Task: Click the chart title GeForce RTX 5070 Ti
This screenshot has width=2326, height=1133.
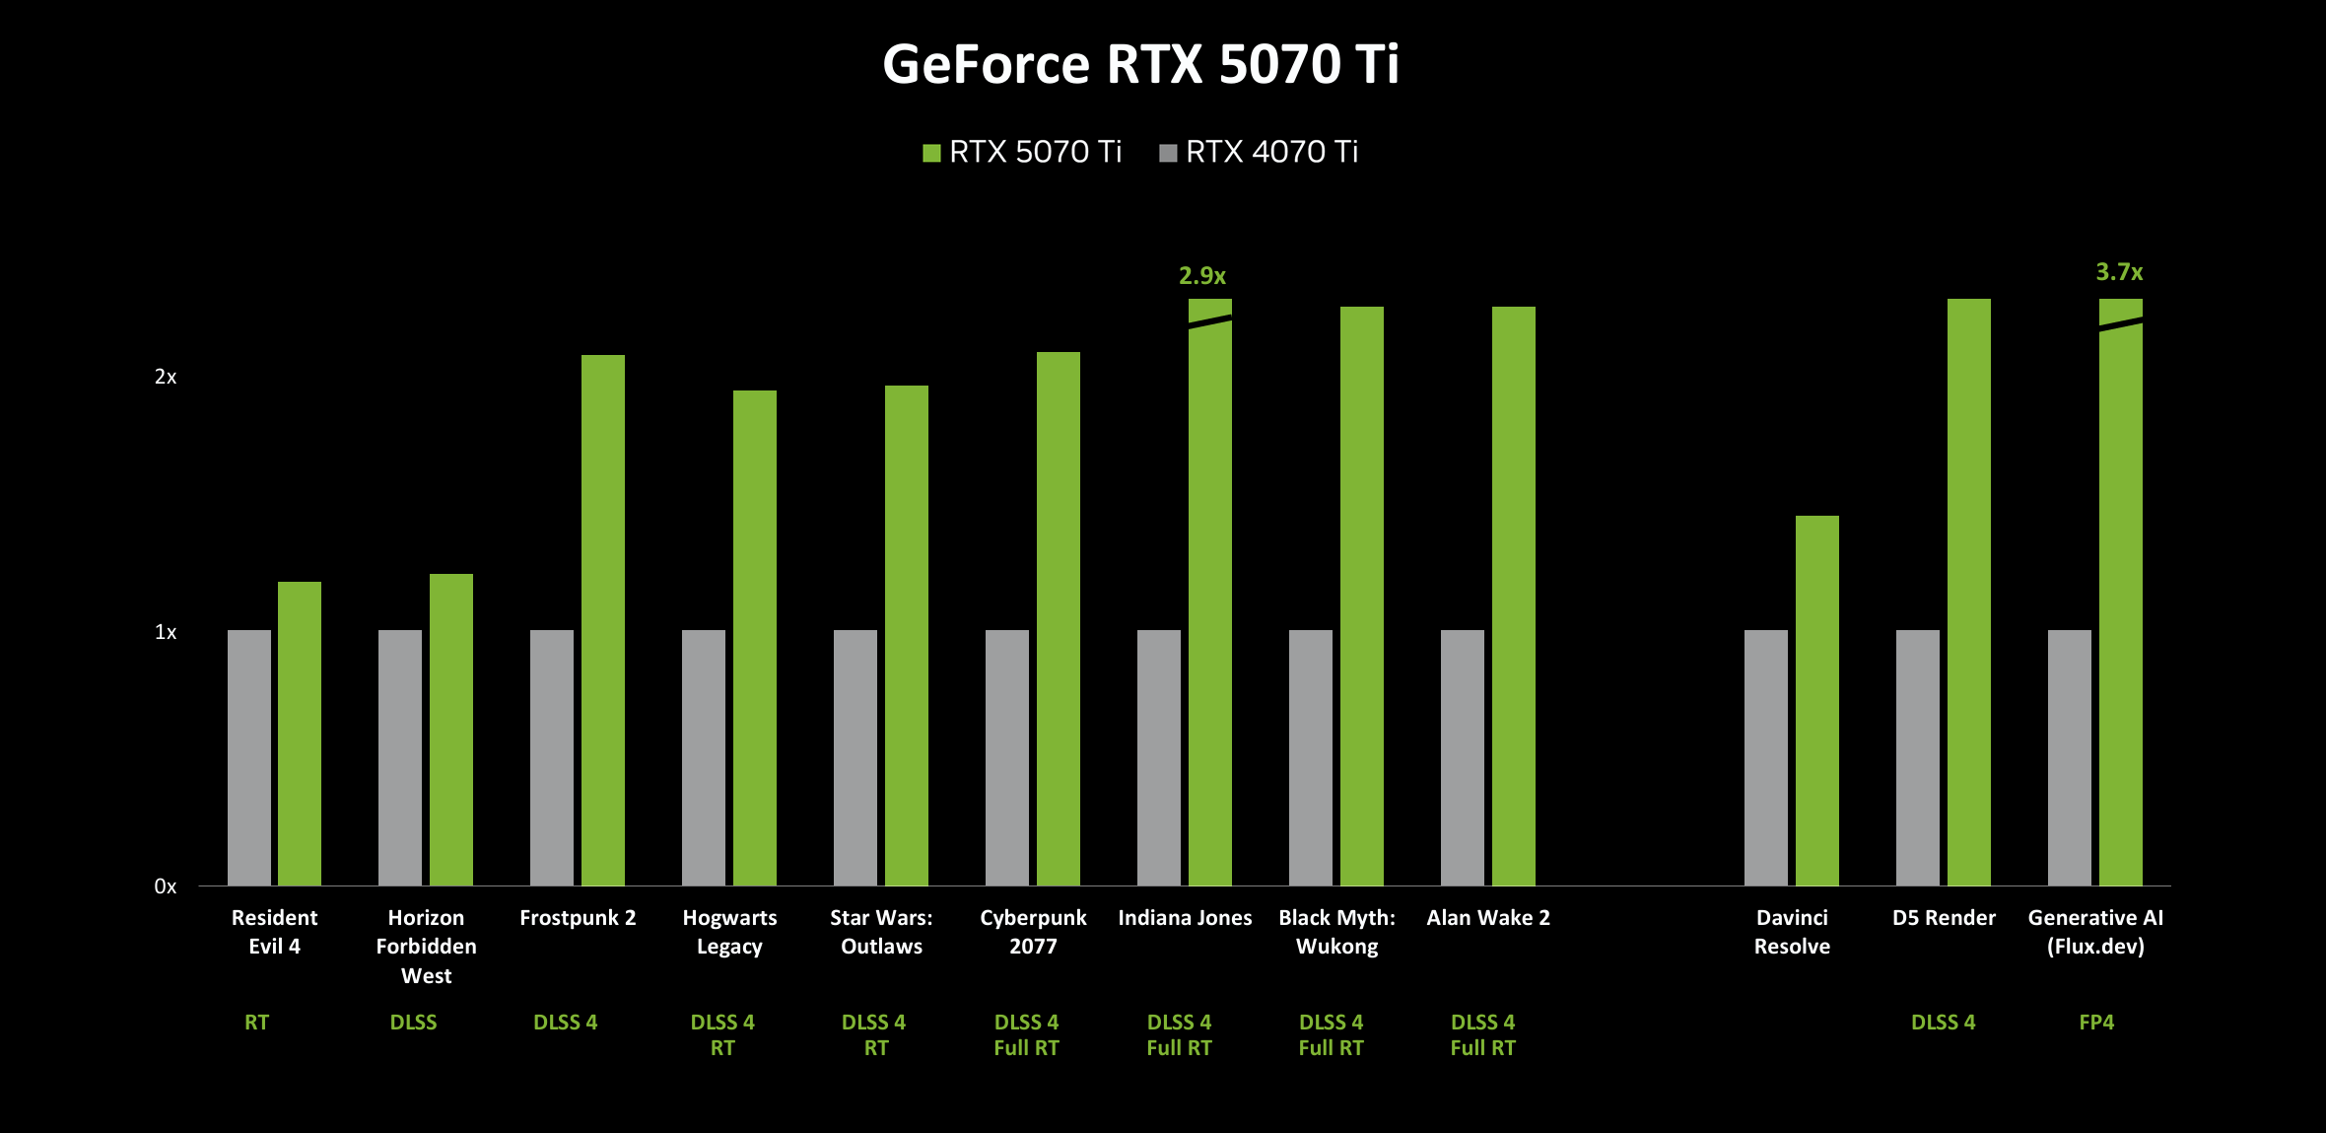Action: point(1140,65)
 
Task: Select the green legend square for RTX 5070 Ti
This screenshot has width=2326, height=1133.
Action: point(931,153)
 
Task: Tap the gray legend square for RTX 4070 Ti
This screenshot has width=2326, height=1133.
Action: point(1168,153)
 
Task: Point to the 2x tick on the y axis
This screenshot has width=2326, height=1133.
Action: point(166,377)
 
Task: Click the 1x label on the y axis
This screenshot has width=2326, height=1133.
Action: point(166,632)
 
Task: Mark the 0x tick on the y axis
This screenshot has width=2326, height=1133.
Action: point(166,886)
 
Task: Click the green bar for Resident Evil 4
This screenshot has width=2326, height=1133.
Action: point(300,734)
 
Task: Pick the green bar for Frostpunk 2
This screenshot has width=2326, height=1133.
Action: point(603,620)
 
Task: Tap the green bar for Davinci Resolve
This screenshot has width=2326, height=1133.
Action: point(1817,700)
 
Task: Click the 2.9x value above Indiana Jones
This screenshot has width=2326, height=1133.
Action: point(1202,276)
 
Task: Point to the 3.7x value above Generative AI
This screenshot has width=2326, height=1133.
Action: point(2119,272)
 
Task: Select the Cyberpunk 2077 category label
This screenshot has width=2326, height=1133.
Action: point(1033,932)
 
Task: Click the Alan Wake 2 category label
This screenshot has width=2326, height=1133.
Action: point(1488,918)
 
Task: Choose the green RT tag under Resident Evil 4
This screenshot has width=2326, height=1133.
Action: point(256,1023)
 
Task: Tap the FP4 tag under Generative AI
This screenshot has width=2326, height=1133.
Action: point(2096,1023)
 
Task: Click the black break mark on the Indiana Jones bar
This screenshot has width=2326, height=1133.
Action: point(1210,321)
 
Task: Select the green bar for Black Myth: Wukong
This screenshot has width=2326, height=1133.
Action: point(1362,597)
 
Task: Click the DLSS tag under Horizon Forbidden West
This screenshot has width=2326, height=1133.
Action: point(413,1023)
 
